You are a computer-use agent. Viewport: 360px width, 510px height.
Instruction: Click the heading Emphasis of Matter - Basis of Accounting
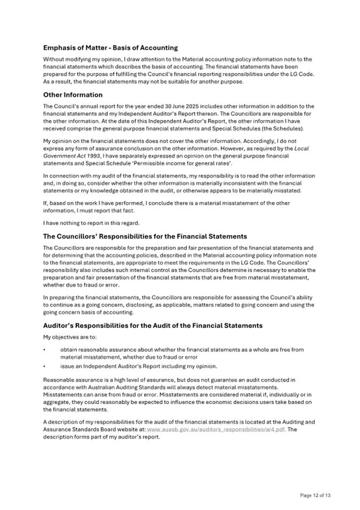[x=110, y=48]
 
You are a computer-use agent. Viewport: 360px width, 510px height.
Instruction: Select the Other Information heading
[x=73, y=95]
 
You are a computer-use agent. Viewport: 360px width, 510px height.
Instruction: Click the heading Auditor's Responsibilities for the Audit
[x=153, y=325]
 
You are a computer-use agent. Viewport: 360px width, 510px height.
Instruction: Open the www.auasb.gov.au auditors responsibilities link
[x=217, y=428]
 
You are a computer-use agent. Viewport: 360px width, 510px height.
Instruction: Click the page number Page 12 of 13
[x=315, y=495]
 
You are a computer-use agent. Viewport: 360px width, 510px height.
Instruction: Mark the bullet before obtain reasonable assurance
[x=44, y=350]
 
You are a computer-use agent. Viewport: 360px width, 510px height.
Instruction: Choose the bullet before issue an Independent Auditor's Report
[x=44, y=367]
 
